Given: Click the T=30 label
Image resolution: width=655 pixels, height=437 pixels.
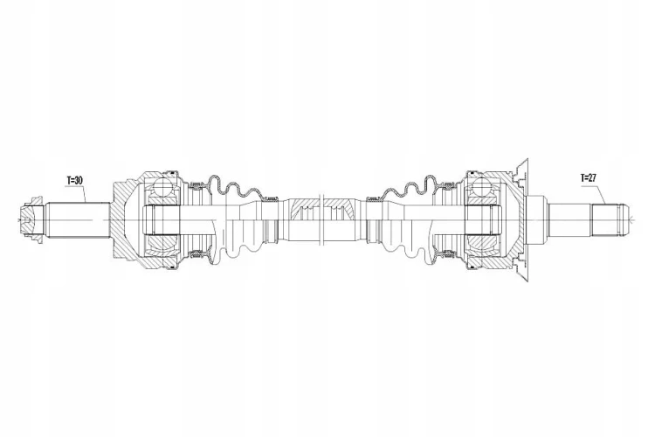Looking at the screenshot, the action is pos(74,180).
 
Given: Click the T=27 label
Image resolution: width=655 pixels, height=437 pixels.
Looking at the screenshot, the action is pos(588,177).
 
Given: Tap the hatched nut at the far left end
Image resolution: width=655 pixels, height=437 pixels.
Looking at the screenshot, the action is pos(31,220).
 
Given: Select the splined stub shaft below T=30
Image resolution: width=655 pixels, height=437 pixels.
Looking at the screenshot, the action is pos(78,220).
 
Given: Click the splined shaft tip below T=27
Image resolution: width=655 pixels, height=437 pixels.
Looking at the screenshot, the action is pos(609,220).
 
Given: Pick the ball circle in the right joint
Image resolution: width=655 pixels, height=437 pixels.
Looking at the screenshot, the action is pos(483,188).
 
